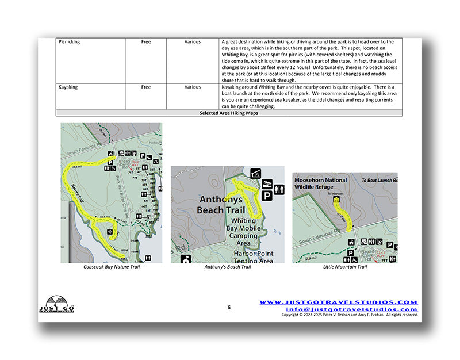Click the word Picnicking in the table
coord(69,42)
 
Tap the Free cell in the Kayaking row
coord(146,87)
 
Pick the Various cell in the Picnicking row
coord(193,42)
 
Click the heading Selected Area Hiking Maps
coord(229,113)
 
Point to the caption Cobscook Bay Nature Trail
coord(112,267)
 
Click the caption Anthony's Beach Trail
coord(228,267)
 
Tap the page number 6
coord(229,308)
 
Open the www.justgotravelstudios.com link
coord(338,302)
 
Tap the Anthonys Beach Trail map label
coord(225,204)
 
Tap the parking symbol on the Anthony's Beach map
coord(267,196)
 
